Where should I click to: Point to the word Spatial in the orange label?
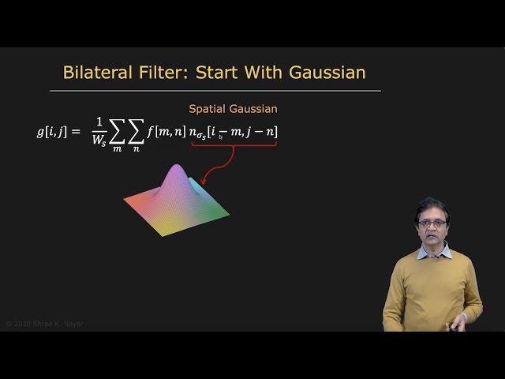(x=208, y=109)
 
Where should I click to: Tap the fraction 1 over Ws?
(x=99, y=131)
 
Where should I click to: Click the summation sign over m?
(x=117, y=133)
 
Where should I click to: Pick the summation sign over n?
(x=136, y=133)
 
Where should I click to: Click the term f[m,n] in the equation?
(x=166, y=131)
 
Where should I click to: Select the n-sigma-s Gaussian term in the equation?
(x=233, y=132)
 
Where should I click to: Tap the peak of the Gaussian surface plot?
(x=177, y=169)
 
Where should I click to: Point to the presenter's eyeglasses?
(x=431, y=224)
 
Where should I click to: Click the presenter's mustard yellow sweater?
(x=430, y=288)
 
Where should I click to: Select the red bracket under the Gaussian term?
(x=234, y=146)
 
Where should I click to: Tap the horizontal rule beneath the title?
(x=215, y=91)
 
